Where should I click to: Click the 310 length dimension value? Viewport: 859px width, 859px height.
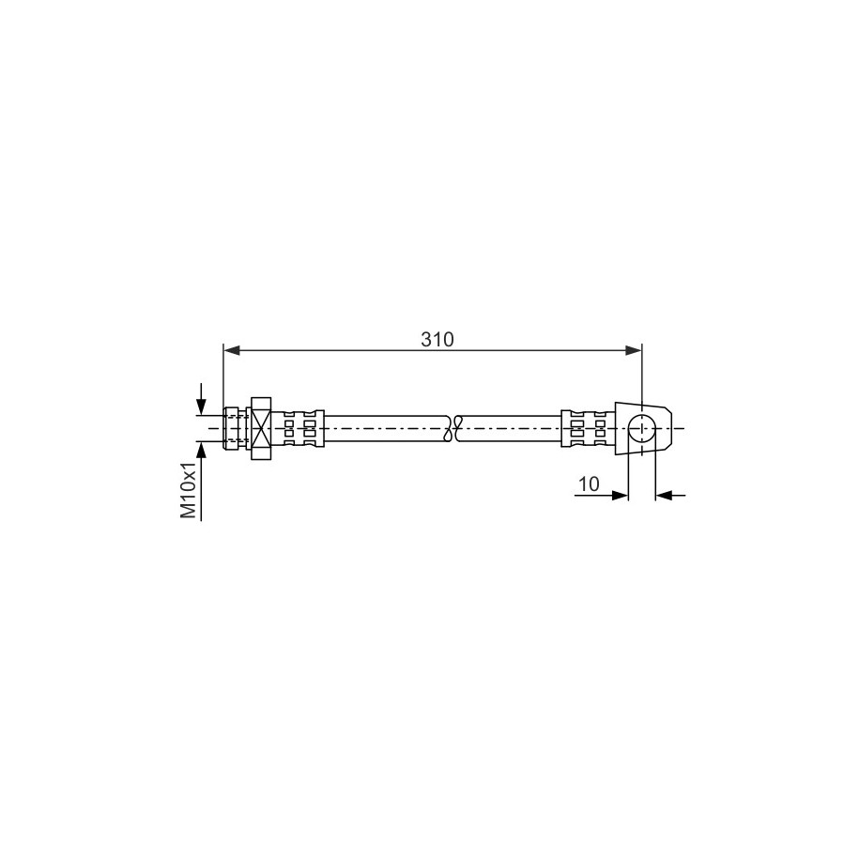point(437,340)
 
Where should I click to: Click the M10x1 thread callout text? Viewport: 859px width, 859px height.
point(188,489)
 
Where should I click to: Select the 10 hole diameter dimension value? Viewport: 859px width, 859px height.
point(589,484)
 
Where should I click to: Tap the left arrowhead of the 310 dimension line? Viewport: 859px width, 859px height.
point(232,350)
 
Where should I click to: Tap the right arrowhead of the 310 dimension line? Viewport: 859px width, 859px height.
point(634,350)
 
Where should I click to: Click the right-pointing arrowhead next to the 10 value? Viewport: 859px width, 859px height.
point(620,496)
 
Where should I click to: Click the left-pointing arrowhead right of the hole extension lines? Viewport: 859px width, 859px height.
point(664,496)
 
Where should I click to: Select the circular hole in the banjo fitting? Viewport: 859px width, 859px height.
point(641,428)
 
